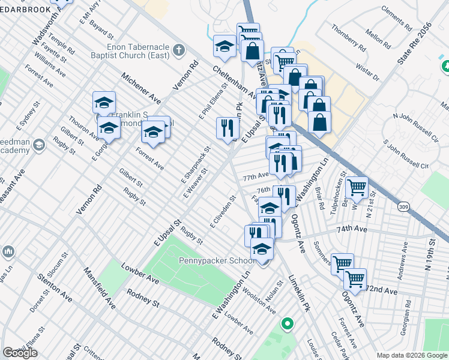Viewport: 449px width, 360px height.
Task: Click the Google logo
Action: pyautogui.click(x=20, y=353)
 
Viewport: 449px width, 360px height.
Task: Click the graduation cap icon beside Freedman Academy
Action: pyautogui.click(x=39, y=145)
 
